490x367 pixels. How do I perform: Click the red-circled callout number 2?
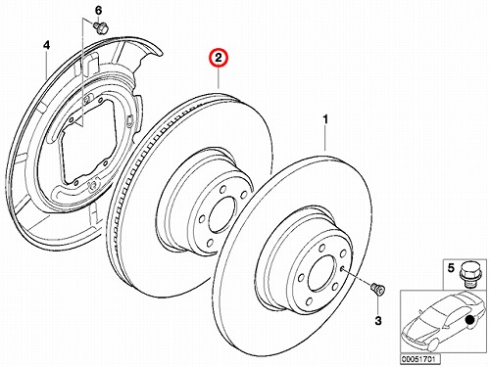click(219, 58)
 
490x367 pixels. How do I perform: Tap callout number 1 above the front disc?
click(325, 120)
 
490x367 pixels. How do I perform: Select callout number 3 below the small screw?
click(378, 321)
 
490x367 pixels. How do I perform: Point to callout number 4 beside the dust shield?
click(47, 45)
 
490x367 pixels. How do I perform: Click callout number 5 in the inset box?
click(451, 268)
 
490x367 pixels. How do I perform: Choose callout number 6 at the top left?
click(98, 11)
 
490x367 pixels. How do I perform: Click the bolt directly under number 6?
click(101, 27)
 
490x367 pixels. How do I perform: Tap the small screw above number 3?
click(378, 290)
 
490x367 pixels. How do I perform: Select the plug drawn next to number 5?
click(469, 274)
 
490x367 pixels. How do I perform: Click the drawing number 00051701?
click(420, 359)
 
